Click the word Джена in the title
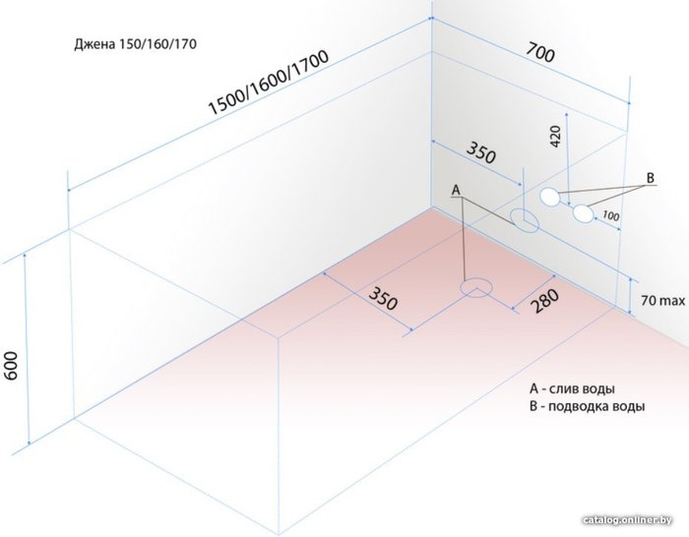94,45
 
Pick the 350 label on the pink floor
383,298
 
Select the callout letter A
456,188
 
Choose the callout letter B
650,177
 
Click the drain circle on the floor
477,287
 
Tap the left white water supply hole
549,196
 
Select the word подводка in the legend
580,406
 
